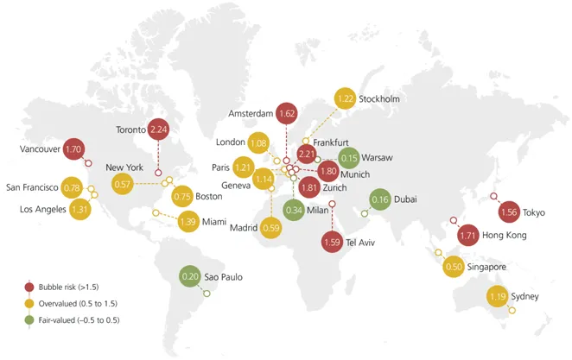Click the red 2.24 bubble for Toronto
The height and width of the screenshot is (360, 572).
pos(157,130)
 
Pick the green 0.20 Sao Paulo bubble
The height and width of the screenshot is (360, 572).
pos(190,277)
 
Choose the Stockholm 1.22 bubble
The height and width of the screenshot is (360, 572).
pos(345,99)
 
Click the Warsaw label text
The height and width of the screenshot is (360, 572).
pos(378,159)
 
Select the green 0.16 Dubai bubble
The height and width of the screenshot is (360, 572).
pos(379,199)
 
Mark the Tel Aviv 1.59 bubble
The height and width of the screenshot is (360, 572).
pos(333,242)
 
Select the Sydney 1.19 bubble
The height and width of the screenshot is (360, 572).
pos(497,297)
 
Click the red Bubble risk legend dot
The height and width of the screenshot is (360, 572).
pos(29,287)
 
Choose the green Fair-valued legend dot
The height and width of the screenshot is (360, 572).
pos(29,321)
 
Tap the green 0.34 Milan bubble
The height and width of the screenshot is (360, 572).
pos(294,210)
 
